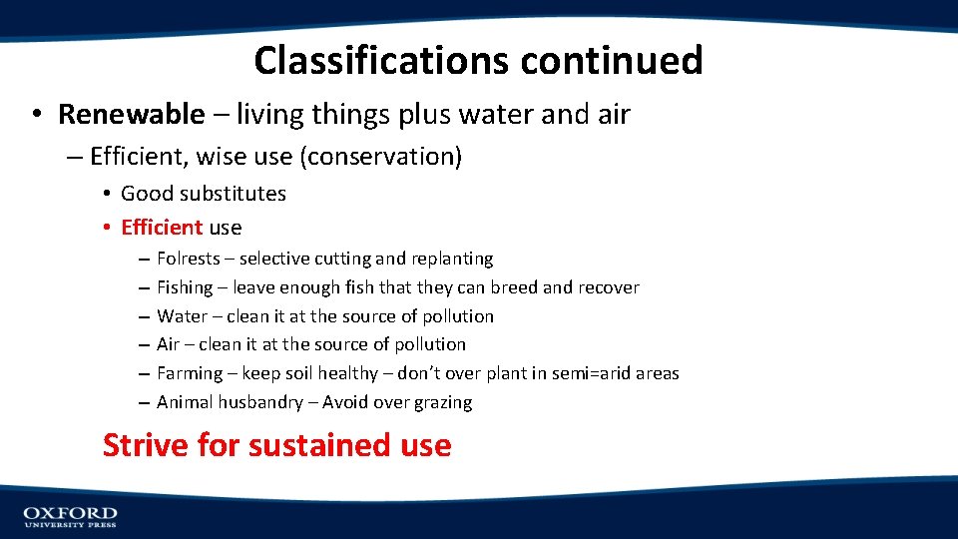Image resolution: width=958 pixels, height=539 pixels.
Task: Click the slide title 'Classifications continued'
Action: click(478, 61)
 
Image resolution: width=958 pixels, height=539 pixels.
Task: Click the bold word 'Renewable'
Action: click(131, 115)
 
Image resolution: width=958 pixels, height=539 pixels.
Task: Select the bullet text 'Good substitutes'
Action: click(203, 194)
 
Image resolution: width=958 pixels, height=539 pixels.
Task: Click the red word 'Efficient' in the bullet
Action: click(162, 228)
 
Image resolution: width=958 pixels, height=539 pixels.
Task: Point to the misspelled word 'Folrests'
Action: click(188, 259)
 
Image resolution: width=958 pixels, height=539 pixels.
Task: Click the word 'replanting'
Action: click(452, 259)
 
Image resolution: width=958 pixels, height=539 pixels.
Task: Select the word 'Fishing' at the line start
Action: click(185, 287)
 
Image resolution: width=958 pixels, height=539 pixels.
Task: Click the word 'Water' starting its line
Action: click(182, 316)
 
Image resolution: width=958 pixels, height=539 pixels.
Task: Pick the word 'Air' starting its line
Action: click(168, 344)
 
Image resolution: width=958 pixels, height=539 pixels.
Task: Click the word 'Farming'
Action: click(190, 373)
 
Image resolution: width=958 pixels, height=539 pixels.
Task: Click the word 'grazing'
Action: click(440, 402)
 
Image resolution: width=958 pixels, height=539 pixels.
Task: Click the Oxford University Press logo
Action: click(70, 516)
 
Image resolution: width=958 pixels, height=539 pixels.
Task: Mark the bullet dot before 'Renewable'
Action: click(35, 116)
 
